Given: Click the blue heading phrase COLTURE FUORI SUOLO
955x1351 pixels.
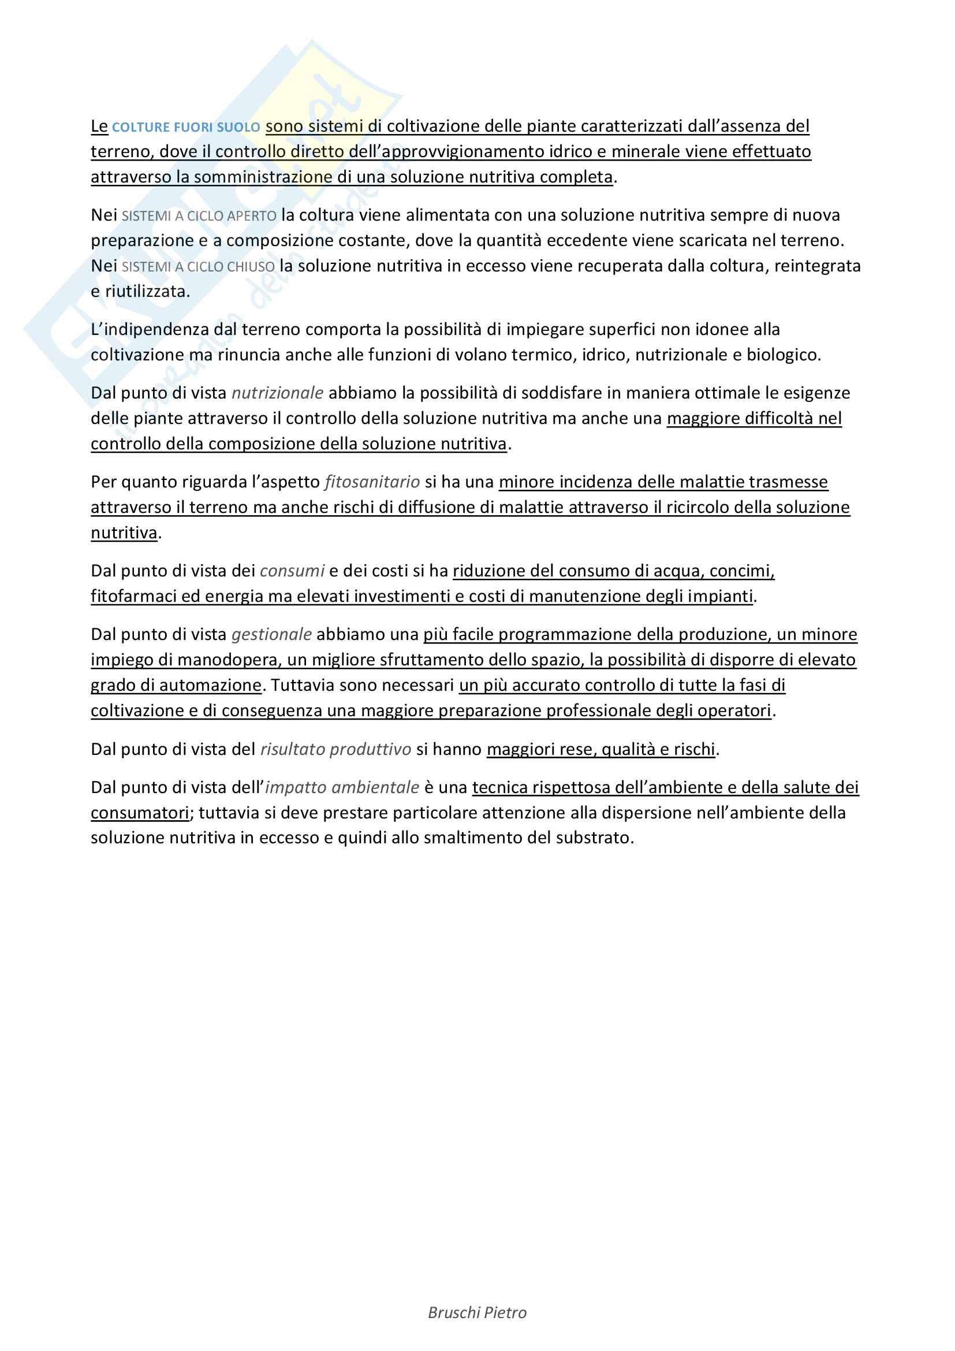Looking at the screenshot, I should [186, 127].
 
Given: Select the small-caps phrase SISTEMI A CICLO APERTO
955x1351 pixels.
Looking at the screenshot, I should [199, 216].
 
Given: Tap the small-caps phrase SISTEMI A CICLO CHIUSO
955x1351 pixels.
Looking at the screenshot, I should [198, 266].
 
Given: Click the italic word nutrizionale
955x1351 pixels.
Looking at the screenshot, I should [278, 393].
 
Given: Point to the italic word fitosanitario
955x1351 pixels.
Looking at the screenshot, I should [372, 482].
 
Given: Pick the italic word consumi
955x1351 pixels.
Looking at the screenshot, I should [292, 571].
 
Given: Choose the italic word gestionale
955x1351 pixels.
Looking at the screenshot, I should [272, 634].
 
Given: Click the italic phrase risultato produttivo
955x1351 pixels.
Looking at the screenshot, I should [336, 749].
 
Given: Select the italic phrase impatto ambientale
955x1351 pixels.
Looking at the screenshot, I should [342, 787].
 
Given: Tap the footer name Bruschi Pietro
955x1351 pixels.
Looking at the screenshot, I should [477, 1313].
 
